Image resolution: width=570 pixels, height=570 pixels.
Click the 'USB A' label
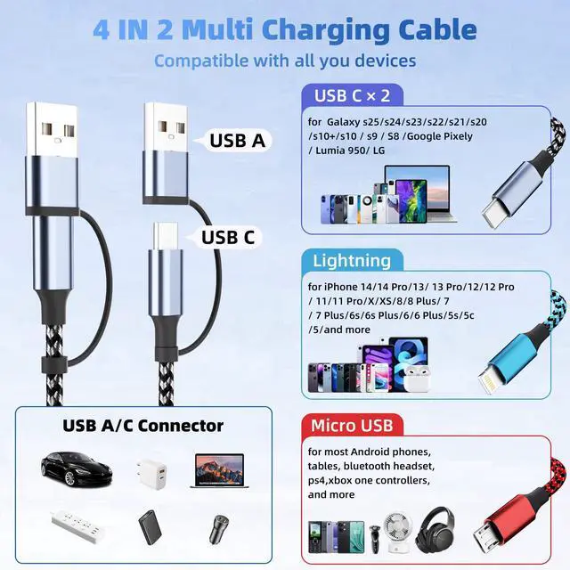pos(237,140)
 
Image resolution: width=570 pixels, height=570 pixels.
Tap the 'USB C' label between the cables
pos(228,237)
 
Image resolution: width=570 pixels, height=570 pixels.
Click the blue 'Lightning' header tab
pos(352,261)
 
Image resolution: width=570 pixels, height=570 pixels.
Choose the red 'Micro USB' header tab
pos(353,424)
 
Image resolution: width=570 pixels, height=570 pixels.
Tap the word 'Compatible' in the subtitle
pos(199,61)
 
